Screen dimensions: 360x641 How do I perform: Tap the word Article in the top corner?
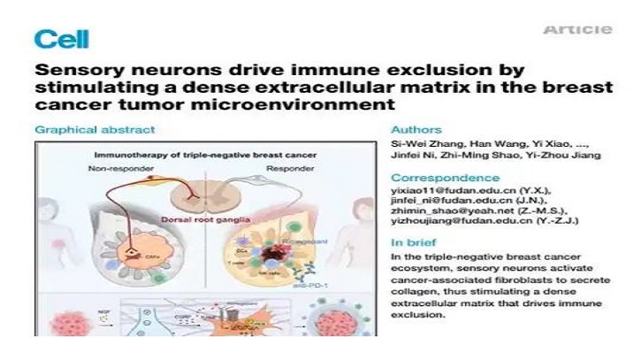pyautogui.click(x=577, y=30)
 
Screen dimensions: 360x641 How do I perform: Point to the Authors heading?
pyautogui.click(x=416, y=130)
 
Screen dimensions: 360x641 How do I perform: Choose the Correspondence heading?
pyautogui.click(x=439, y=177)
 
